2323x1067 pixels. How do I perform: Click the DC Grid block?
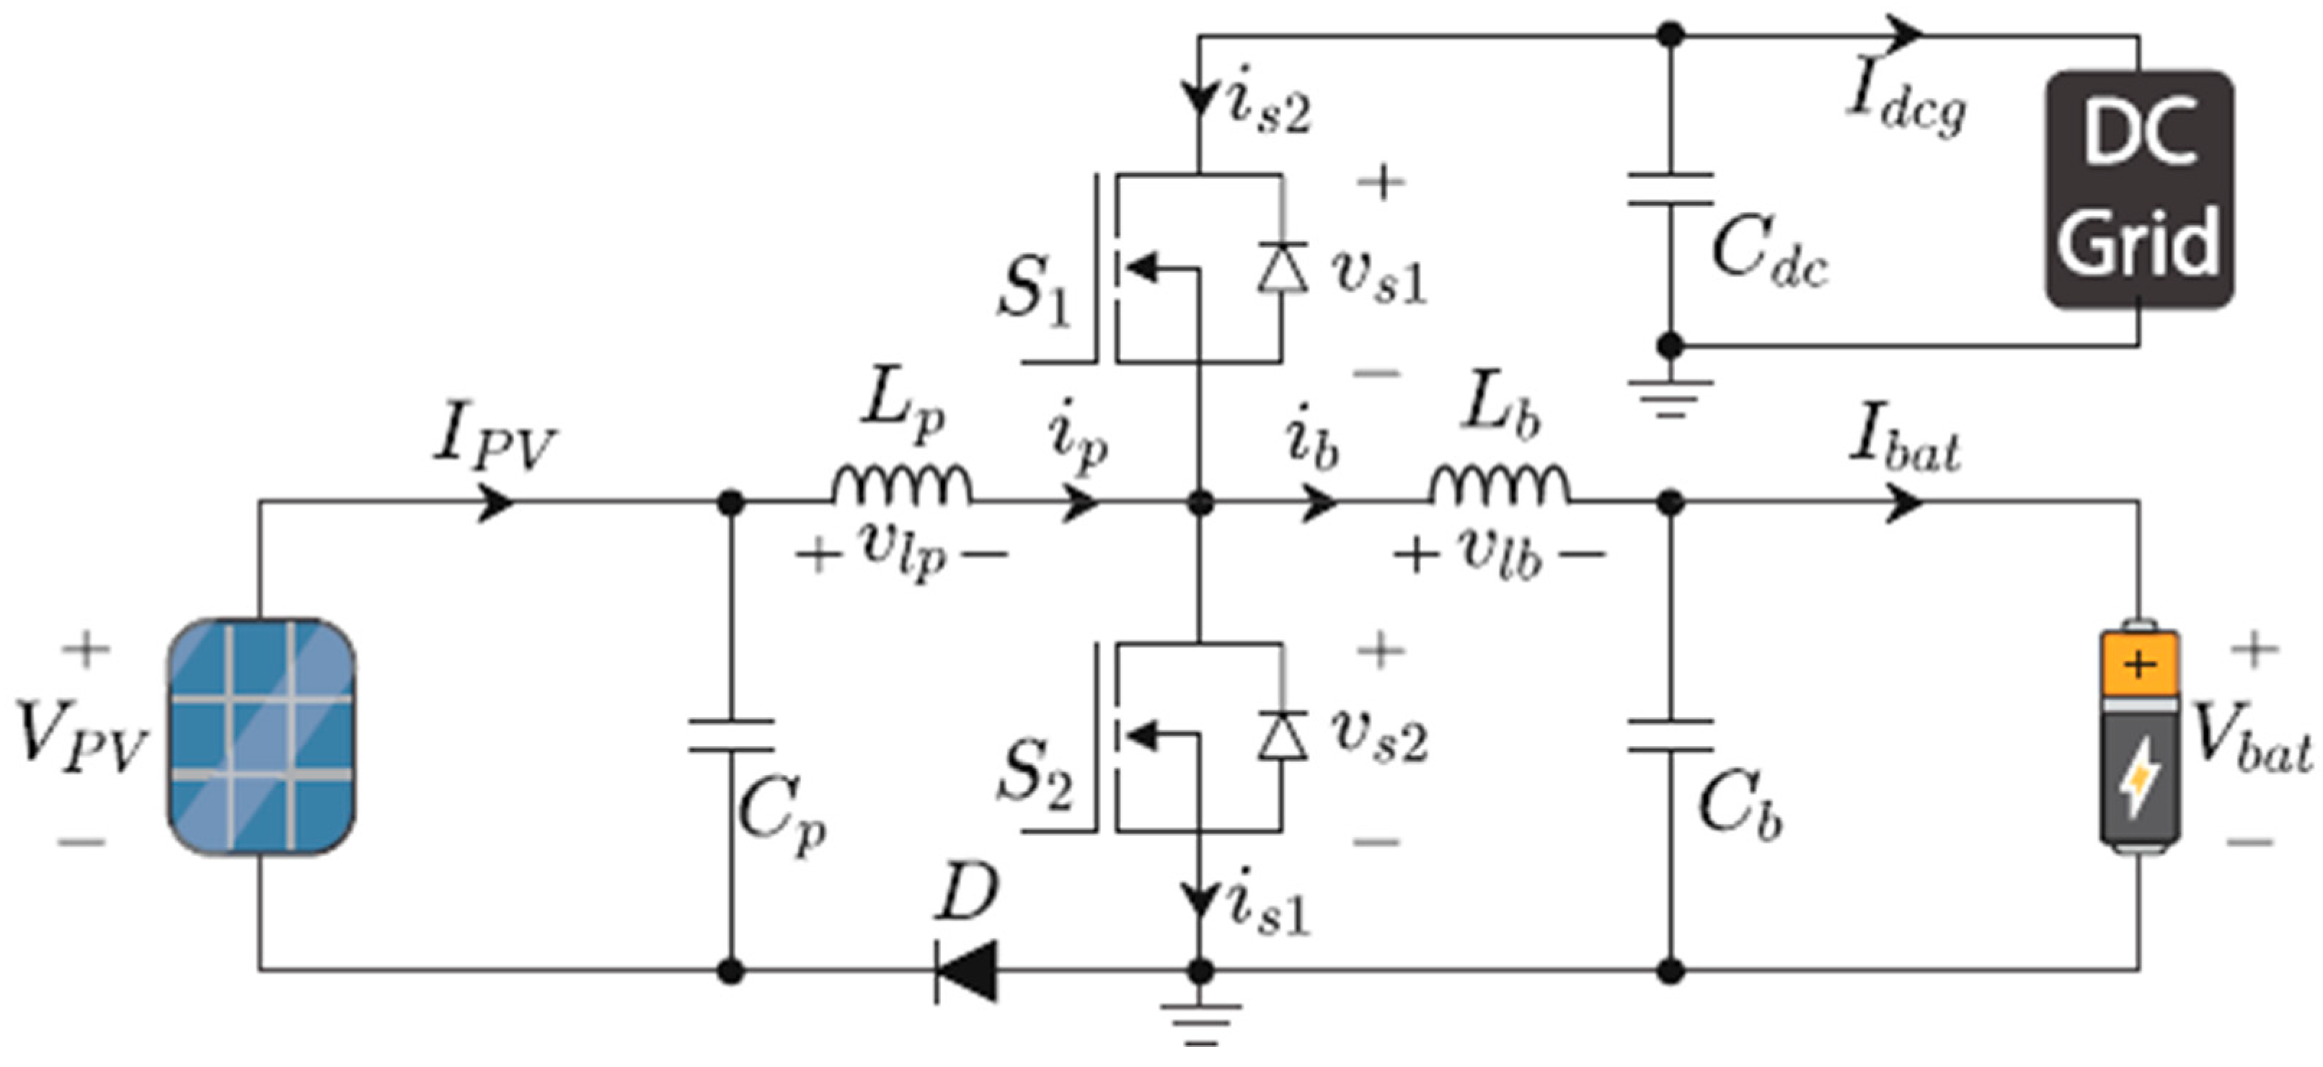[x=2138, y=190]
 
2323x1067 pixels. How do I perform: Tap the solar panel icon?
[x=260, y=736]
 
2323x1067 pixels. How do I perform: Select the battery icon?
[x=2140, y=738]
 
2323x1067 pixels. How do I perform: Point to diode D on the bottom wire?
[x=966, y=971]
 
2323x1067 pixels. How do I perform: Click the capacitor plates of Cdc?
[x=1670, y=190]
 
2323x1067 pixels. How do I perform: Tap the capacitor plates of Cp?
[x=730, y=735]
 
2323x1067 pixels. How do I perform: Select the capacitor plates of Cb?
[x=1670, y=735]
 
